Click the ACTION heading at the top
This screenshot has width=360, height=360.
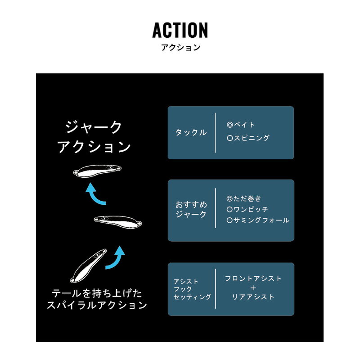point(180,30)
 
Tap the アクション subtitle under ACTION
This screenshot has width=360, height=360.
point(181,48)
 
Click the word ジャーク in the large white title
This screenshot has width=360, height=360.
point(94,127)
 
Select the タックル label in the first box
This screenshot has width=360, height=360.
point(191,132)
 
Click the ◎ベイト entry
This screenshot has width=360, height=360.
point(241,125)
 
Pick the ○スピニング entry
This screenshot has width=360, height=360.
point(248,138)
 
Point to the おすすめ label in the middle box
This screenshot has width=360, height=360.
point(191,204)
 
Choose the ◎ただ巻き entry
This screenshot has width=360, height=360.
point(244,198)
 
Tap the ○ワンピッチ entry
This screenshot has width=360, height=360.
point(247,209)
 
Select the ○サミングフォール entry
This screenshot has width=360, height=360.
point(258,220)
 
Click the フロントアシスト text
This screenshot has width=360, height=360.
point(253,279)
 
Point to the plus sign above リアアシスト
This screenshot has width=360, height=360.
point(253,288)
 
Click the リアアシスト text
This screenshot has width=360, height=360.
point(253,297)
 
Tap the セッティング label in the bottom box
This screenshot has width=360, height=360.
point(192,297)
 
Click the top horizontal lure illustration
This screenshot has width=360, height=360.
point(97,171)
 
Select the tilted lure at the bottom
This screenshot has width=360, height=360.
point(88,265)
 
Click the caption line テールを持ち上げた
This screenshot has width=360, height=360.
point(97,293)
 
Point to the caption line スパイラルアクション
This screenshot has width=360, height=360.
point(97,305)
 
